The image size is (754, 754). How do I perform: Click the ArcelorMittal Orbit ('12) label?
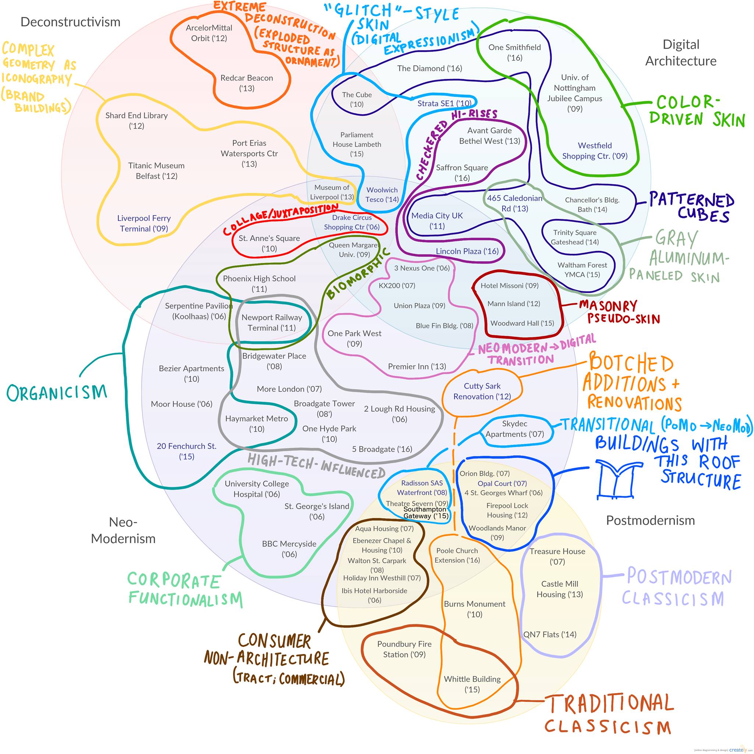(x=209, y=33)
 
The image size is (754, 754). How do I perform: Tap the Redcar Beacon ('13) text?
(x=246, y=83)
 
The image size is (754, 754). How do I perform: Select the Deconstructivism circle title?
(x=70, y=22)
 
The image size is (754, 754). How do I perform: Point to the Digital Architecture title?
(x=681, y=53)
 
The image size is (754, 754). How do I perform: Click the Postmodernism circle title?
(x=650, y=520)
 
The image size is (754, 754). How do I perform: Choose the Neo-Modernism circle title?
(x=123, y=530)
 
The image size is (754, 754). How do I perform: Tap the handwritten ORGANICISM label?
(x=57, y=392)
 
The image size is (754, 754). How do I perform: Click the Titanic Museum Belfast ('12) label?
(x=156, y=170)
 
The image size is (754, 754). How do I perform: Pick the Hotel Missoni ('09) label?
(x=509, y=286)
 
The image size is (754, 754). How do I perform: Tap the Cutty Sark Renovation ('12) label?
(x=482, y=391)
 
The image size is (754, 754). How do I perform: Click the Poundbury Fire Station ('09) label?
(x=404, y=649)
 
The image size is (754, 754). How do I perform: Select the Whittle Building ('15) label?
(x=472, y=684)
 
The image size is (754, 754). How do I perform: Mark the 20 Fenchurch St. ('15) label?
(x=187, y=451)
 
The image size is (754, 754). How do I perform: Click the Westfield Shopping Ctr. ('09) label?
(x=595, y=151)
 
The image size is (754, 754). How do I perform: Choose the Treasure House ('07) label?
(x=557, y=556)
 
